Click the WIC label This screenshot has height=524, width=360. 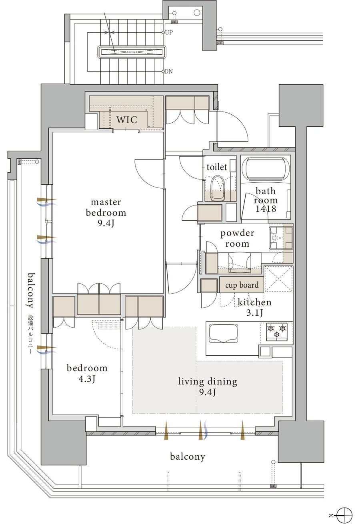click(x=127, y=120)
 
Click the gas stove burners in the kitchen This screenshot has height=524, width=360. click(x=277, y=331)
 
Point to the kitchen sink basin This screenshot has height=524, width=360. click(x=223, y=334)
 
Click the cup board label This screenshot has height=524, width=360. click(x=242, y=285)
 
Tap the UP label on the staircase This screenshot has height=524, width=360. click(x=169, y=32)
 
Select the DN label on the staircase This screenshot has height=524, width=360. click(x=168, y=72)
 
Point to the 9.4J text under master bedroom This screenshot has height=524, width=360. click(x=106, y=224)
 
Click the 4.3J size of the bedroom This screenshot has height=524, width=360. click(x=87, y=379)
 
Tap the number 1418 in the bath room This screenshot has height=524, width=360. click(x=266, y=209)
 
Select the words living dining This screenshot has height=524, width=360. click(x=208, y=382)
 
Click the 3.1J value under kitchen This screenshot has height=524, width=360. click(x=254, y=313)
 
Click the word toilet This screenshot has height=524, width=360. click(x=216, y=167)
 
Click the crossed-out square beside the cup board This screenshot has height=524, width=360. click(x=278, y=279)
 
